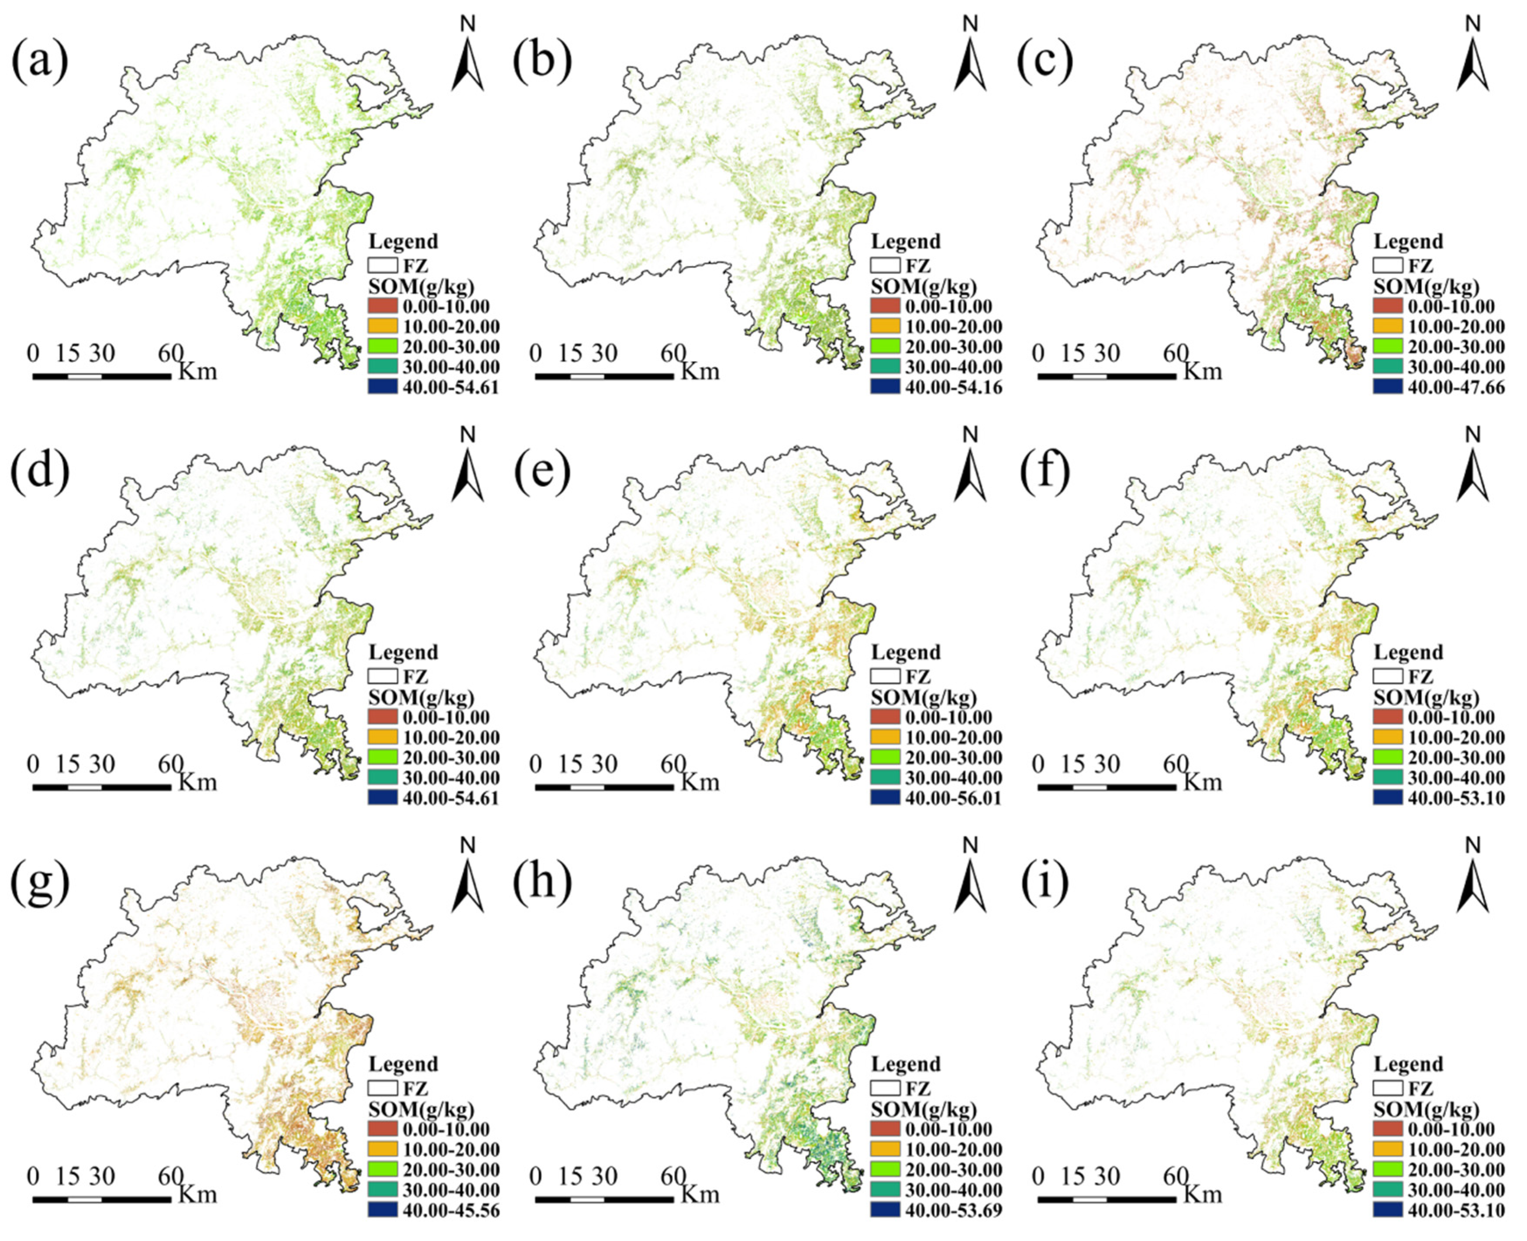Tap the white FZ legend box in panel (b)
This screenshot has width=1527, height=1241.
pyautogui.click(x=885, y=265)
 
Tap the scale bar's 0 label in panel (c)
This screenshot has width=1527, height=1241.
pyautogui.click(x=1039, y=353)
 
